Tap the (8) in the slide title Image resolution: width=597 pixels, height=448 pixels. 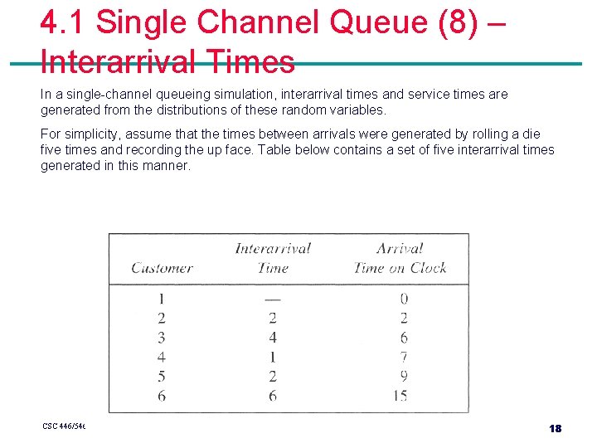point(453,23)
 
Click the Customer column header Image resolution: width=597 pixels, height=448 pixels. point(162,267)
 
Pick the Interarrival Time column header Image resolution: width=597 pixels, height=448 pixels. point(272,257)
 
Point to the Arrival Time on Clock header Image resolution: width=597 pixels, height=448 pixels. point(400,257)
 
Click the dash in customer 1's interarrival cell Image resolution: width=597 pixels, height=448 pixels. point(272,299)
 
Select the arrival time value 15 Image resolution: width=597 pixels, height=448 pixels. point(400,396)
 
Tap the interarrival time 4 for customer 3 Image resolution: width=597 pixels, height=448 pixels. point(272,338)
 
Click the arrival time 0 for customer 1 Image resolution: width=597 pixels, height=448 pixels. point(403,299)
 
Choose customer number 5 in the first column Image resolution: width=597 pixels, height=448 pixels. point(161,377)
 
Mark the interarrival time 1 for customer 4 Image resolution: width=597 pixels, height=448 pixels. point(272,357)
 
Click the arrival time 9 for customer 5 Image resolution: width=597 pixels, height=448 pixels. point(403,377)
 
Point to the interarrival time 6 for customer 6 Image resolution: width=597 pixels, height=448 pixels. point(272,396)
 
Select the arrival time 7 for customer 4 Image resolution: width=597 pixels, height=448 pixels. point(403,357)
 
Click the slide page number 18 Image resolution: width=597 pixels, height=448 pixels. point(555,428)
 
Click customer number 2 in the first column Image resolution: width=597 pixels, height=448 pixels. point(161,318)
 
